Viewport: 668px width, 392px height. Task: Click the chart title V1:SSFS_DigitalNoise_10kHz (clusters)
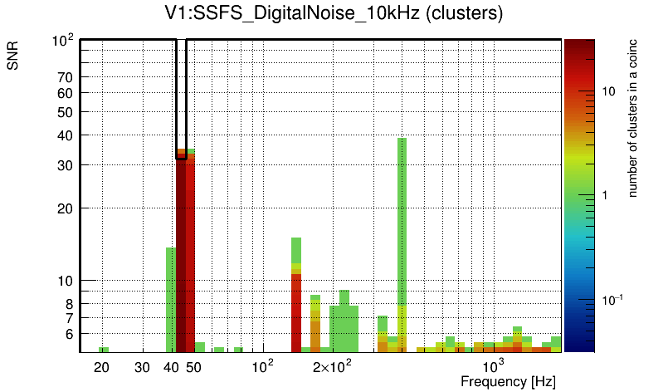pyautogui.click(x=334, y=14)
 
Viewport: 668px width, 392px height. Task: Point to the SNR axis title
pyautogui.click(x=13, y=56)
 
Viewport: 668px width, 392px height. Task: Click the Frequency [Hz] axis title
pyautogui.click(x=508, y=382)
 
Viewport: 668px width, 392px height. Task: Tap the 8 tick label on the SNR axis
pyautogui.click(x=71, y=303)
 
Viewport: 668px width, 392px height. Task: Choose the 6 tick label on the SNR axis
pyautogui.click(x=71, y=334)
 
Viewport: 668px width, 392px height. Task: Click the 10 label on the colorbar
pyautogui.click(x=608, y=91)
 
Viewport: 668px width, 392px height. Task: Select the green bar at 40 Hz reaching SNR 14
pyautogui.click(x=170, y=299)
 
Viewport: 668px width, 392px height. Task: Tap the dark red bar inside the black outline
pyautogui.click(x=181, y=249)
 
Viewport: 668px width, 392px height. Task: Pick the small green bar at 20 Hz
pyautogui.click(x=104, y=350)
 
